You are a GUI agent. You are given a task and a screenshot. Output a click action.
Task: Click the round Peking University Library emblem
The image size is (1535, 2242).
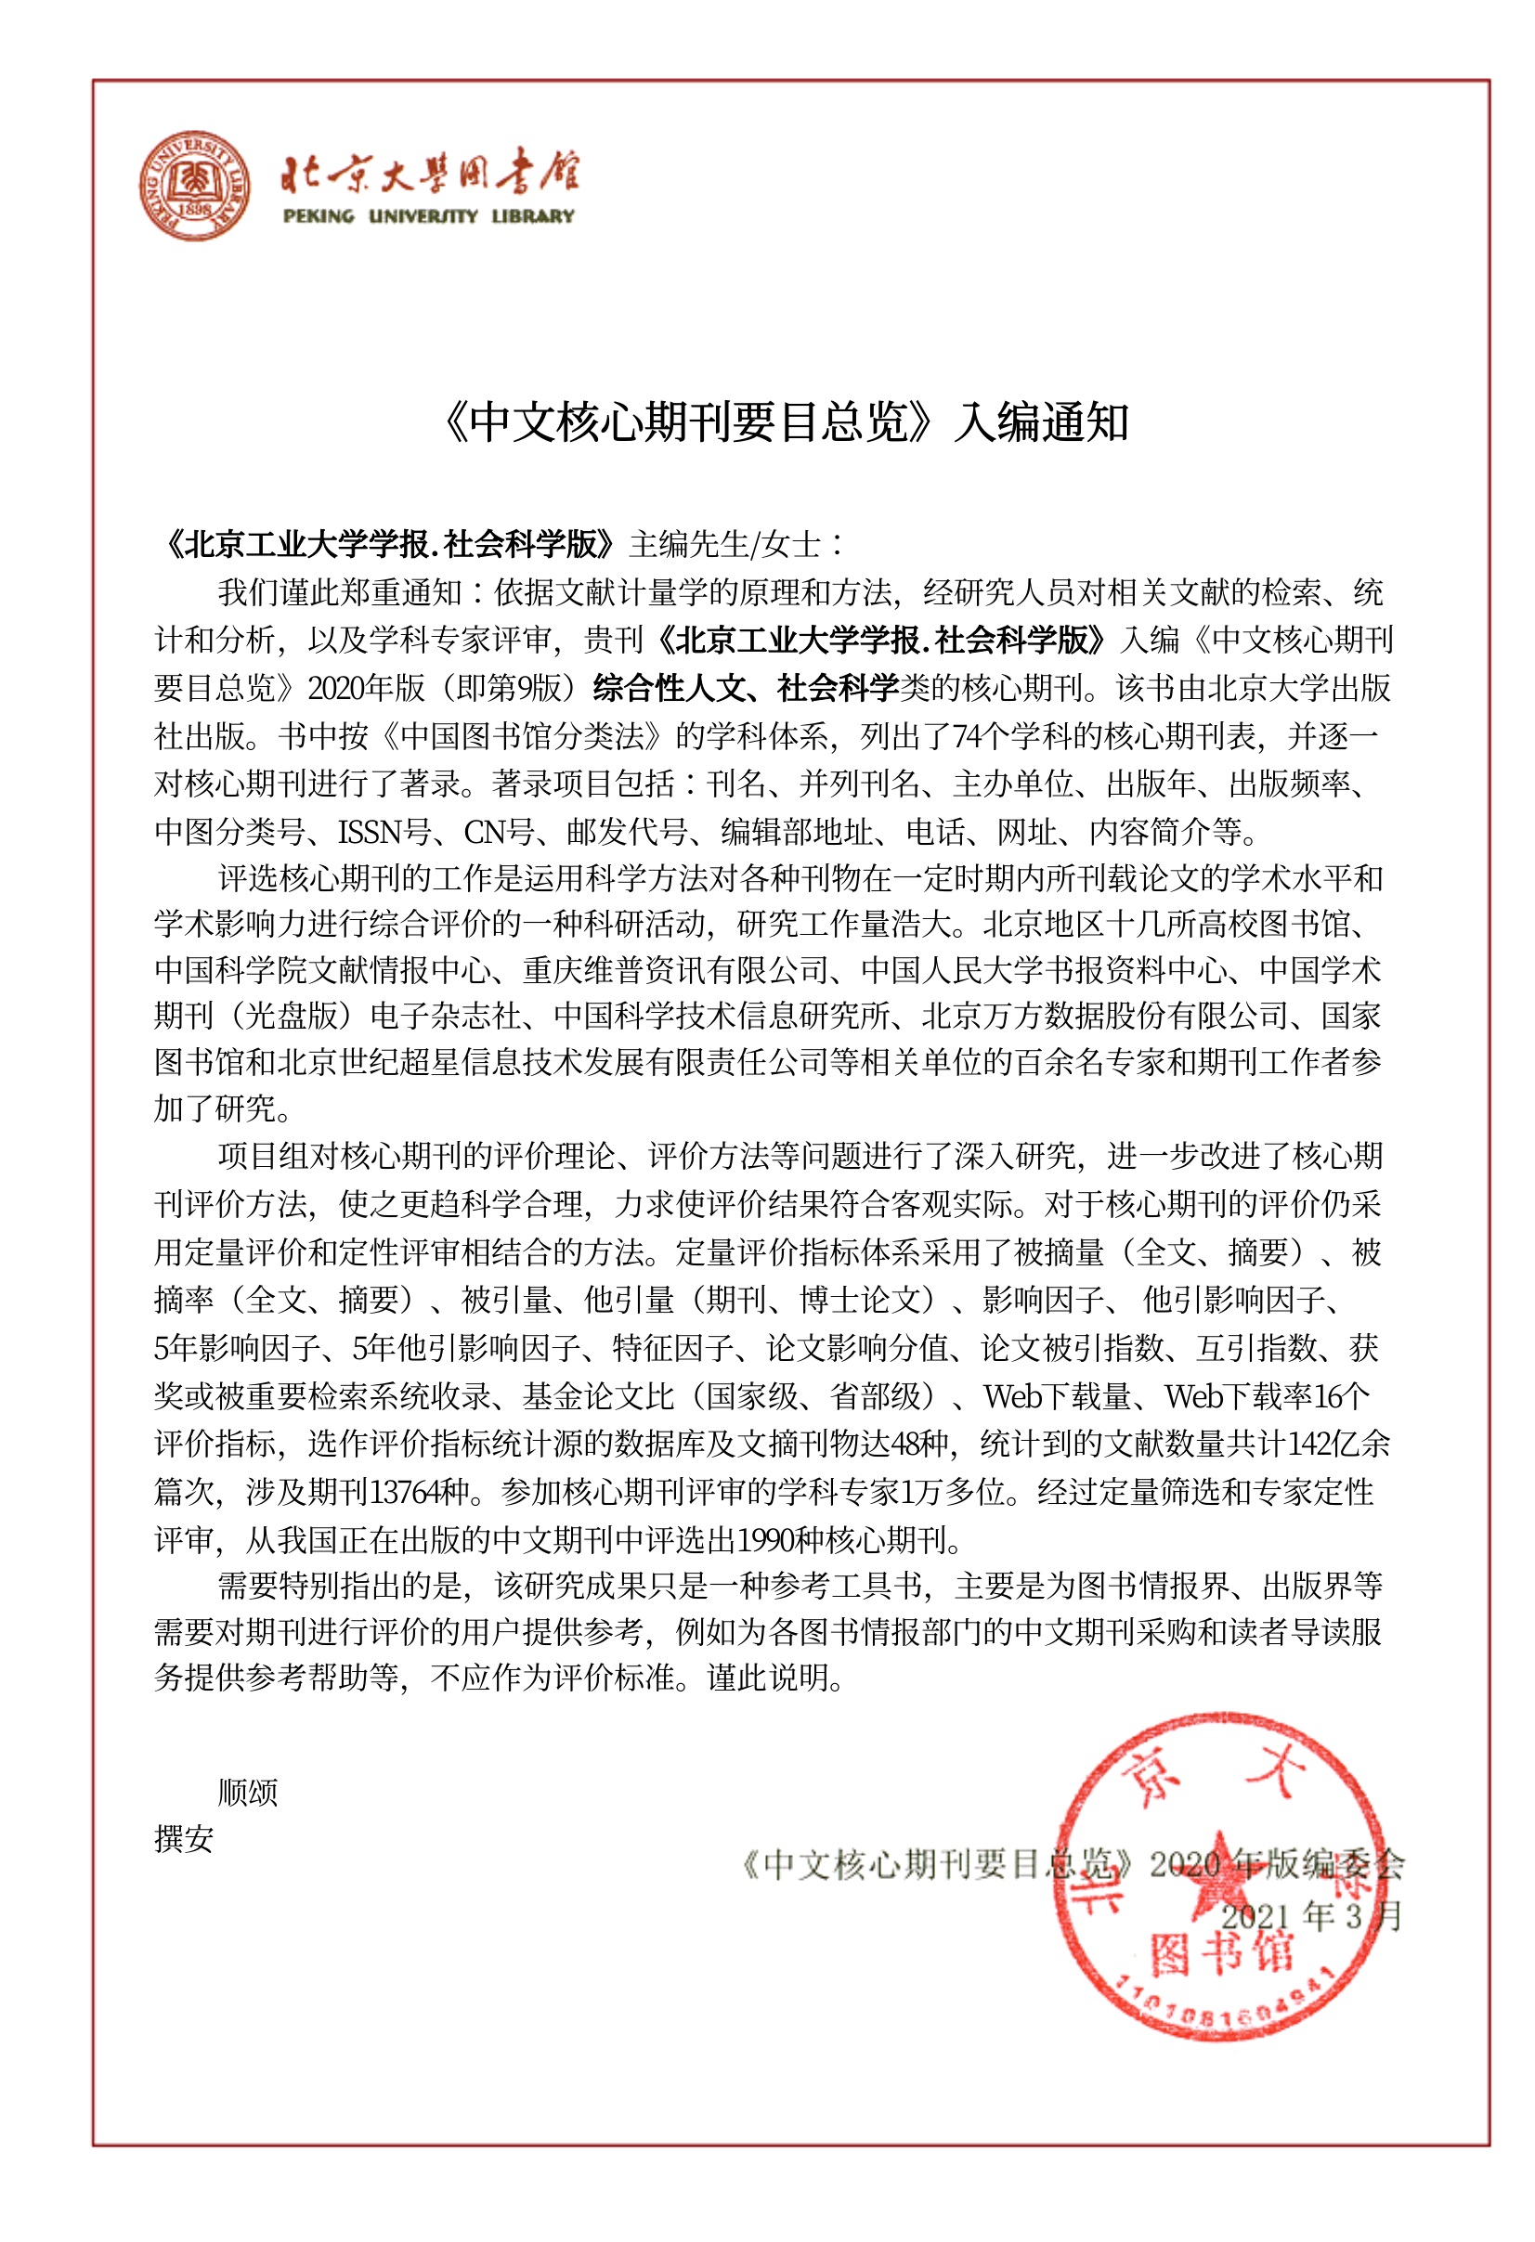(x=195, y=187)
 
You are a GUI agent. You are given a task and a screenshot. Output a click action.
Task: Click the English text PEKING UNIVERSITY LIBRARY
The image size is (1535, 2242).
(x=428, y=216)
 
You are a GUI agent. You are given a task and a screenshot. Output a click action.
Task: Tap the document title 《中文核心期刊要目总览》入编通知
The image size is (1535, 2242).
(x=784, y=422)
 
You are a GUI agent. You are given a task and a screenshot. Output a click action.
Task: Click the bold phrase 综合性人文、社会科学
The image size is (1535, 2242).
(x=746, y=688)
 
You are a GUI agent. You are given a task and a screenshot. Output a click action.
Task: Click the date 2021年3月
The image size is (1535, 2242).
(x=1310, y=1916)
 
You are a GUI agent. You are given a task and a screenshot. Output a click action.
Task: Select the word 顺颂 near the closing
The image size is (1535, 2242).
(x=248, y=1793)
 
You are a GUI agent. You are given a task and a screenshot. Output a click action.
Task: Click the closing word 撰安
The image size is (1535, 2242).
(x=183, y=1840)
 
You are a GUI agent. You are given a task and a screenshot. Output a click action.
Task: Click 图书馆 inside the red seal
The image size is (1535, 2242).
(x=1220, y=1953)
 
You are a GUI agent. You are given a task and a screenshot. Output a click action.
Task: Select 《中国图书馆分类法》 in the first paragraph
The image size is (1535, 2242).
(x=522, y=736)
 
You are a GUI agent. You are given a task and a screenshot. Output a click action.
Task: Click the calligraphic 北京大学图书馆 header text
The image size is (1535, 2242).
(x=430, y=174)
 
